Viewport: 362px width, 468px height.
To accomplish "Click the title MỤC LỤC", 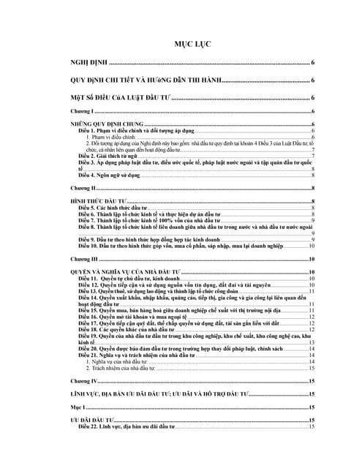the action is [x=192, y=45].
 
